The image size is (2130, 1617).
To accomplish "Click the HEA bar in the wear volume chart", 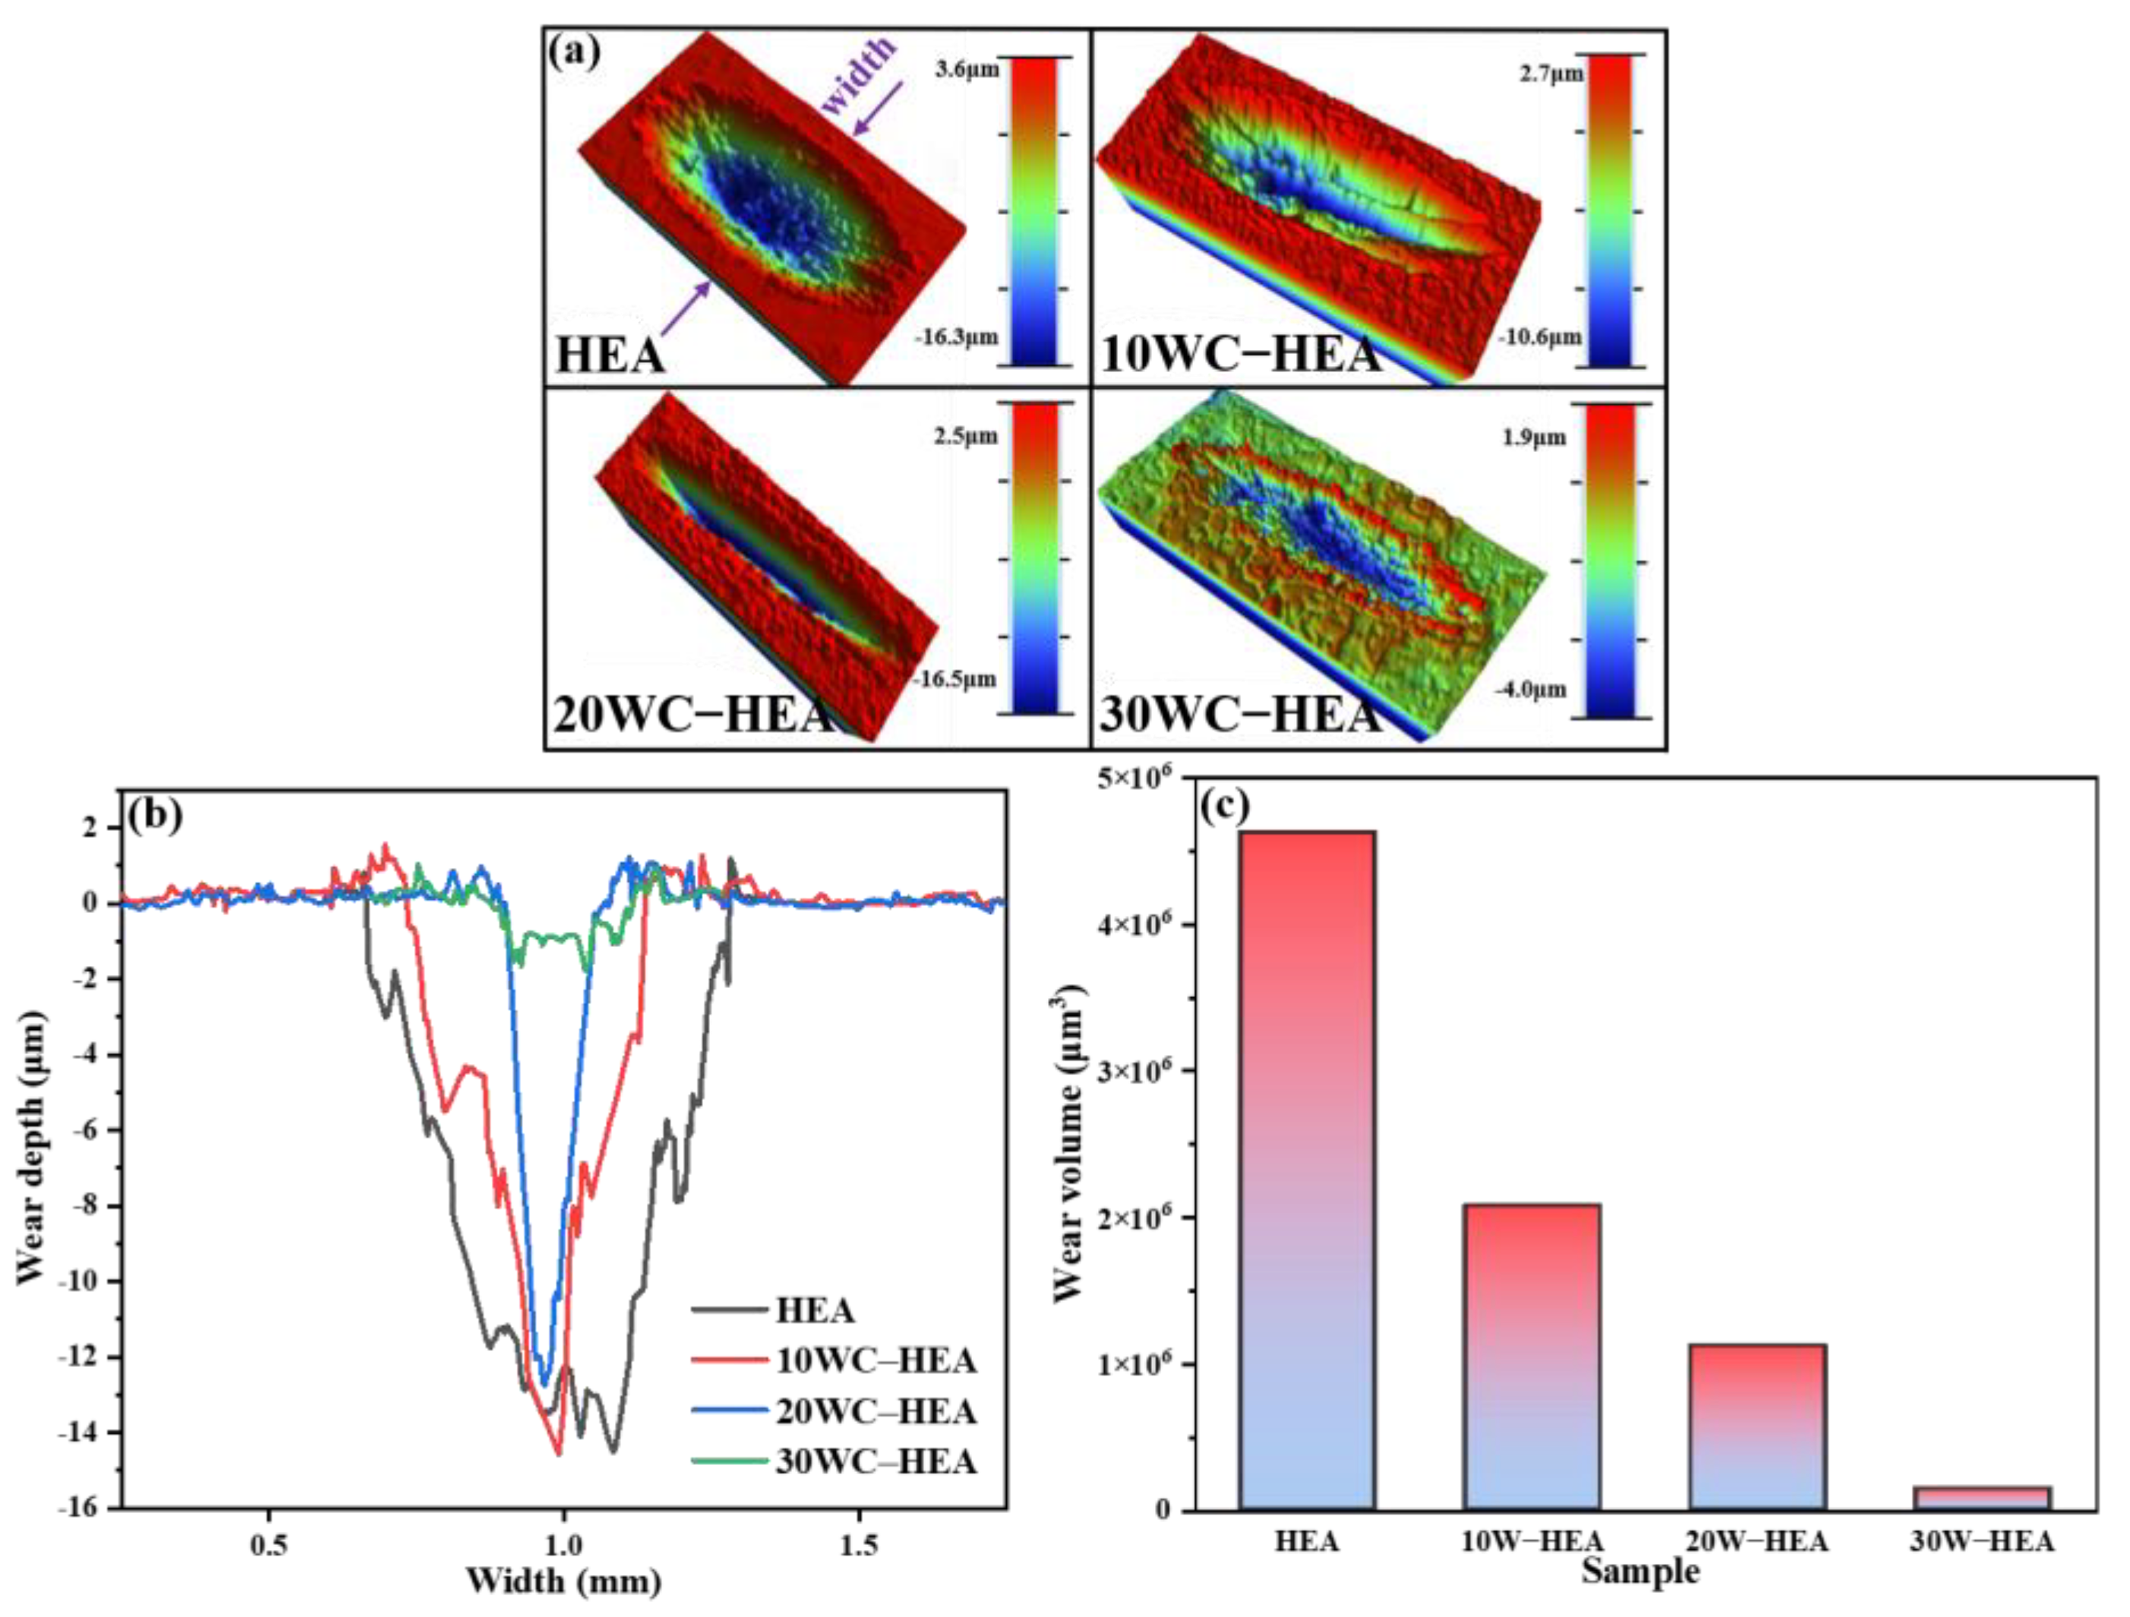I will click(x=1307, y=1170).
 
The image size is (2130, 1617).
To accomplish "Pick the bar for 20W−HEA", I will click(x=1756, y=1426).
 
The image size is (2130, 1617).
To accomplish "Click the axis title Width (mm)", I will click(x=563, y=1581).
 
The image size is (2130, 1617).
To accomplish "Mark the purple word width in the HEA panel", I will click(x=860, y=74).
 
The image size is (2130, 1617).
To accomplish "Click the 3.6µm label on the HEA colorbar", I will click(x=967, y=69).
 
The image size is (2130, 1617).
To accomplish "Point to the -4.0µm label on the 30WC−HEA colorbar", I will click(x=1530, y=690).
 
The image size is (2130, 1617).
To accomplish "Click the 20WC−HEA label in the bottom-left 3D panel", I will click(x=691, y=715).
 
